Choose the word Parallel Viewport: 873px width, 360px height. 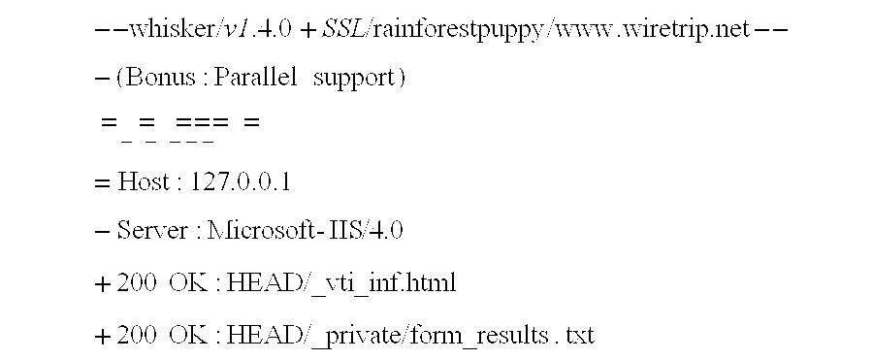click(x=255, y=79)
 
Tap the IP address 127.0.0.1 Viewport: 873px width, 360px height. click(x=242, y=180)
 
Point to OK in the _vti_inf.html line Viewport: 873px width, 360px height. click(x=185, y=283)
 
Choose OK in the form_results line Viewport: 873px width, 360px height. click(x=185, y=336)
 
